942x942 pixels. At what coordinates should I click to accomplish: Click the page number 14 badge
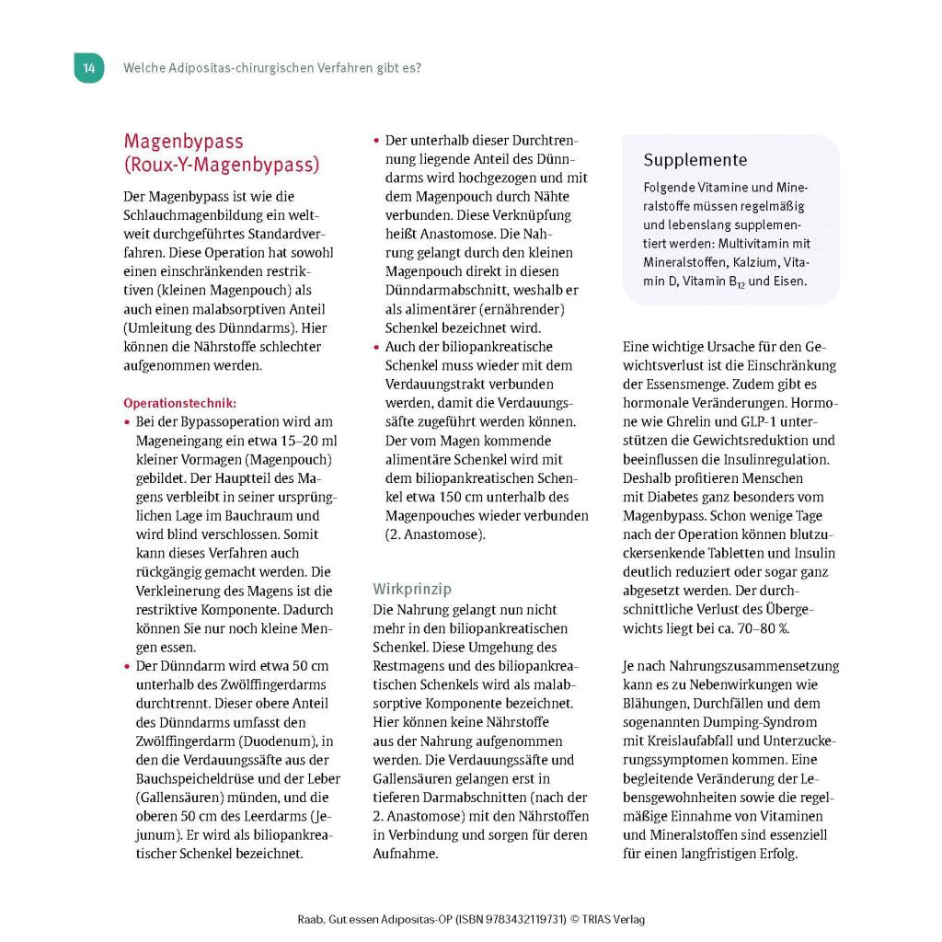coord(88,68)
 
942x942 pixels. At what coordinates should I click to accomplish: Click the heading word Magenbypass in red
coord(183,142)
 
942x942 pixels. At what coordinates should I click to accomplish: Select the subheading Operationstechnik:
coord(179,403)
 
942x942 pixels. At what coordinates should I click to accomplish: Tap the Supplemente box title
coord(695,160)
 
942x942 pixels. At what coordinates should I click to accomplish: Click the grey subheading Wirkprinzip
coord(412,589)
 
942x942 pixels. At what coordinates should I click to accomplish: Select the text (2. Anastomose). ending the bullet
coord(435,534)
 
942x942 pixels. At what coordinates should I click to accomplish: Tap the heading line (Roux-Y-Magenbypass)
coord(222,166)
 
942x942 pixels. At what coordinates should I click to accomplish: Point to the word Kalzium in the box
coord(736,262)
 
